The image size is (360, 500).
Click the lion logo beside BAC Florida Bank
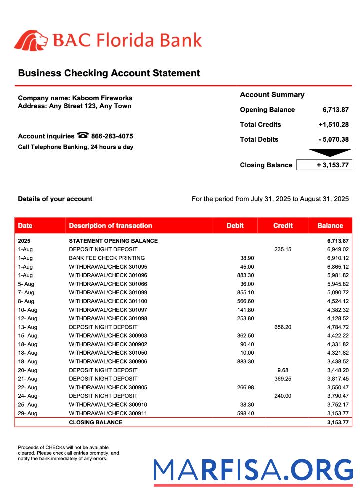(x=31, y=40)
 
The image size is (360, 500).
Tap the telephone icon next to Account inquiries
(x=83, y=136)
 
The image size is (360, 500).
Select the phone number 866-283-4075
(x=112, y=136)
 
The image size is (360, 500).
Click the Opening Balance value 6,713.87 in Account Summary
(x=335, y=110)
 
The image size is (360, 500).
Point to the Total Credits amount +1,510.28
(x=333, y=125)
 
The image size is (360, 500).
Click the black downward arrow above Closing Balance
(x=330, y=152)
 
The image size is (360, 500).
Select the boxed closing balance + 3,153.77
(x=324, y=165)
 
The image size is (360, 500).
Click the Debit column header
(x=235, y=226)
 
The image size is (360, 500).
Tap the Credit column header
(x=283, y=226)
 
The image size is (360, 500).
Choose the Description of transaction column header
(x=110, y=226)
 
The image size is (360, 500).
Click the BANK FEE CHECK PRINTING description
(x=107, y=258)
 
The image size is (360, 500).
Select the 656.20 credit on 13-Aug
(x=283, y=327)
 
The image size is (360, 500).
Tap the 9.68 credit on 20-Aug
(x=283, y=370)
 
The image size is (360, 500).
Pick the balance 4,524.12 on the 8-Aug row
(x=338, y=301)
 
